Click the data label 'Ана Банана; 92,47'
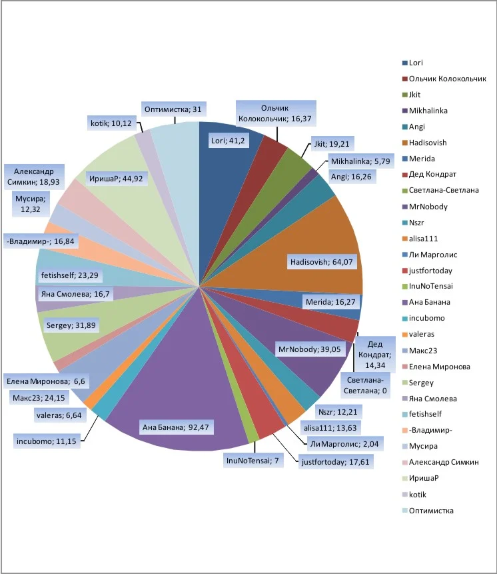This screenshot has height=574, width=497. pyautogui.click(x=176, y=427)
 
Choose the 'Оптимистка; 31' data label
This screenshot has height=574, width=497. pyautogui.click(x=173, y=109)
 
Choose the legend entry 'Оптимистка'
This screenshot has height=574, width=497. pyautogui.click(x=431, y=511)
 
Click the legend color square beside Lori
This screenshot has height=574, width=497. pyautogui.click(x=404, y=63)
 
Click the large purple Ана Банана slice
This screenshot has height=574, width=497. pyautogui.click(x=180, y=387)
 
